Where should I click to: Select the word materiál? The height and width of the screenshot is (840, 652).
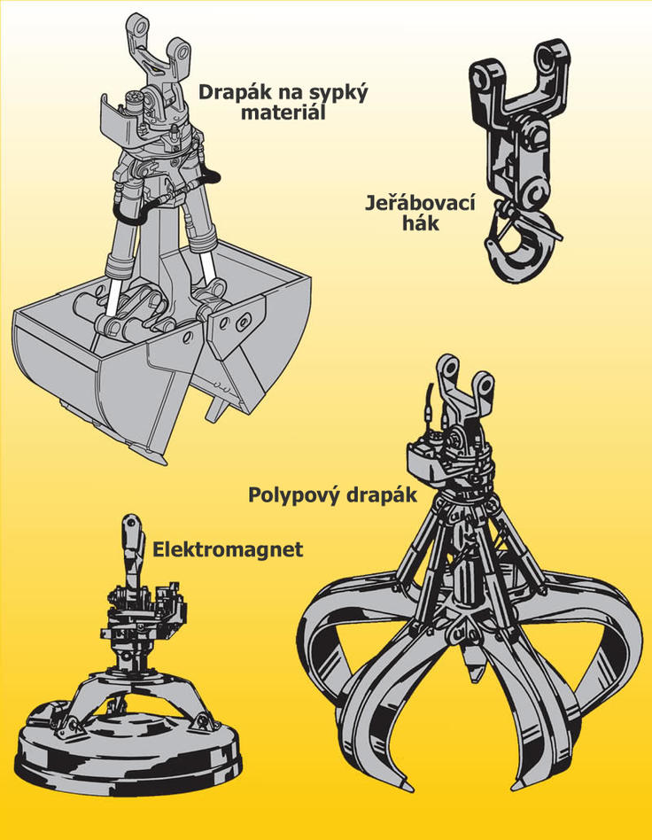pos(283,113)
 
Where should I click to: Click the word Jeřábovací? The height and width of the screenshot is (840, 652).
pos(420,203)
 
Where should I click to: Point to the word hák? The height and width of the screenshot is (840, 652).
pos(421,222)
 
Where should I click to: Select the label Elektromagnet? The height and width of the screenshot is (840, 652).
pos(228,549)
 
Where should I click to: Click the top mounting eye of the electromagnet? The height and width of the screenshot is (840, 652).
pos(130,524)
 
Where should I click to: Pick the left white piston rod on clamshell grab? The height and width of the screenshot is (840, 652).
pos(114,296)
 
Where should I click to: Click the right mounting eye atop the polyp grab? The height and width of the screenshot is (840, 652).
pos(485,385)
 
